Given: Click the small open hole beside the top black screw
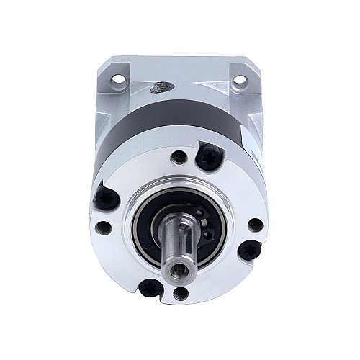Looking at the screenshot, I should coord(177,156).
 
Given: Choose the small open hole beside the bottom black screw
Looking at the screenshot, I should coord(180,293).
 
